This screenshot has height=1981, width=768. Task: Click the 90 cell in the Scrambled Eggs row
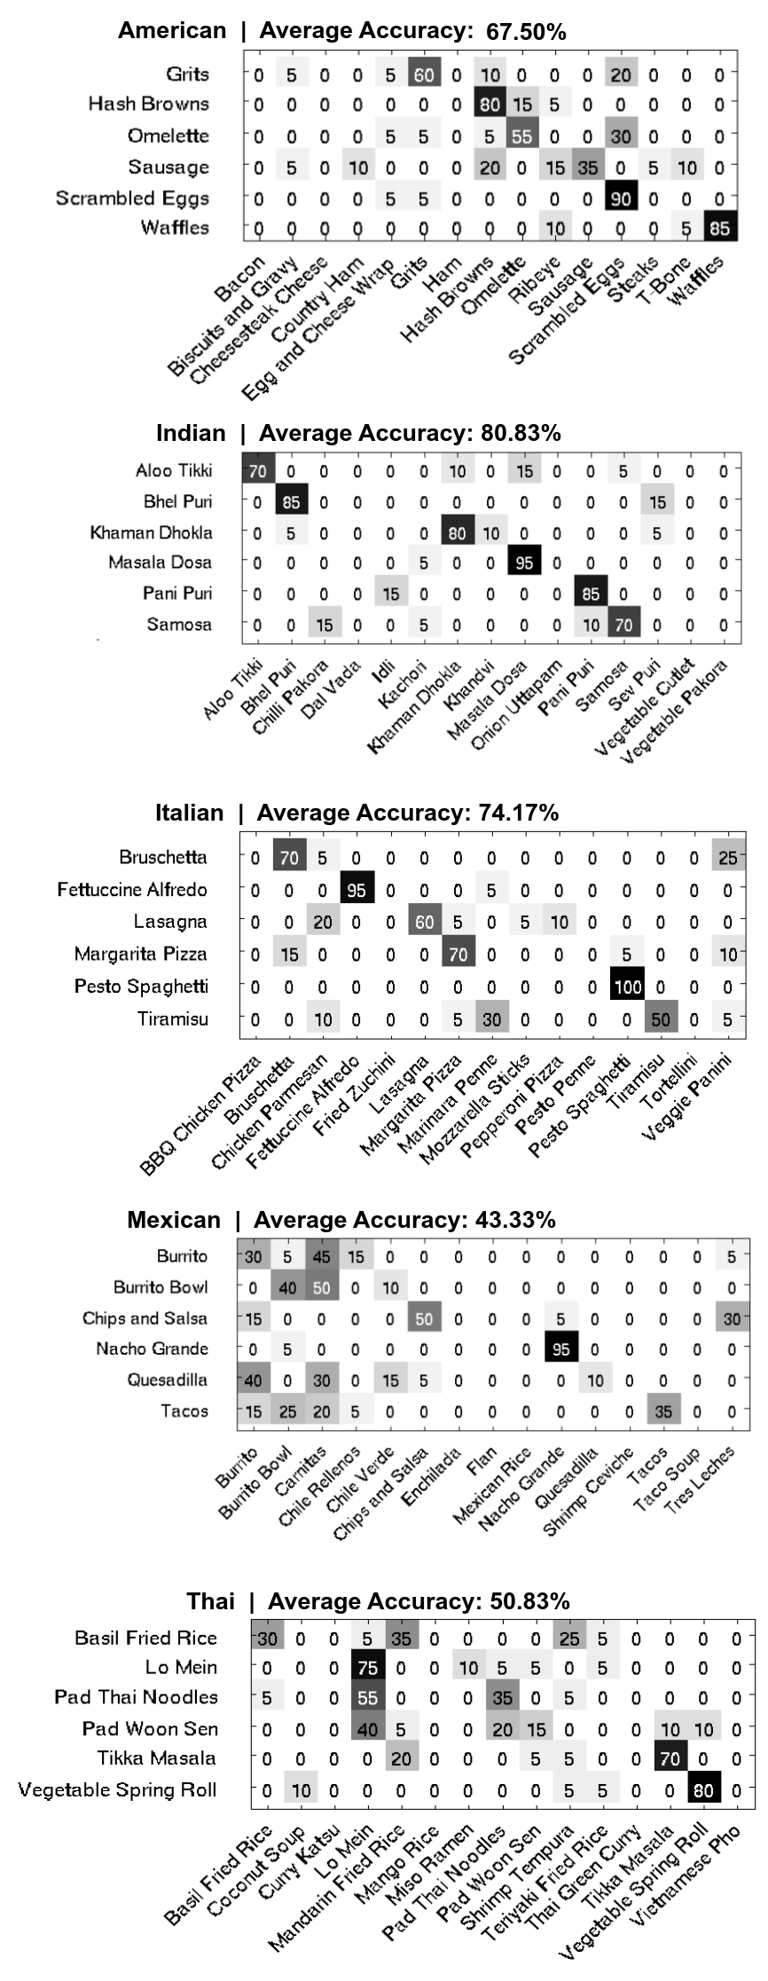[620, 199]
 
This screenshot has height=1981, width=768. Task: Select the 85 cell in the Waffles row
[718, 229]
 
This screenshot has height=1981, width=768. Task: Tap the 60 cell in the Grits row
[423, 75]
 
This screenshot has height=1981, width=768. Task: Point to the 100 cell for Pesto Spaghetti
[628, 987]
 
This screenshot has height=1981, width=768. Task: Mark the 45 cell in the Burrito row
[322, 1257]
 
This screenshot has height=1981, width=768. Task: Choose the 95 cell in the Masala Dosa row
[523, 562]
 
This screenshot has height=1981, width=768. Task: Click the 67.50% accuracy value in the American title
[526, 32]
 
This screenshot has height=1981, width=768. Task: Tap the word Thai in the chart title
[210, 1600]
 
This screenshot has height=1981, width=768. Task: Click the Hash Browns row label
[148, 104]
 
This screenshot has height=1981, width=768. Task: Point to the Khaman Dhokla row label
[151, 532]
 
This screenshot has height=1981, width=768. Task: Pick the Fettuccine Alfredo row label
[132, 890]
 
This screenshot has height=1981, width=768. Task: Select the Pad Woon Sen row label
[150, 1728]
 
